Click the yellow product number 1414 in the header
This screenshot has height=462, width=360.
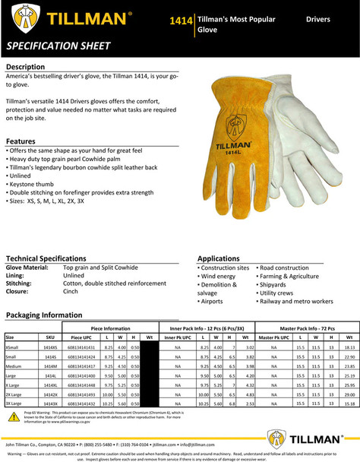pos(181,18)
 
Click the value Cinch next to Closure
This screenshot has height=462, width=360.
pos(71,291)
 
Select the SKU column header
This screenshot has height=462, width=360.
pos(50,336)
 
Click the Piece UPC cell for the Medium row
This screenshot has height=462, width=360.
pos(82,365)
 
